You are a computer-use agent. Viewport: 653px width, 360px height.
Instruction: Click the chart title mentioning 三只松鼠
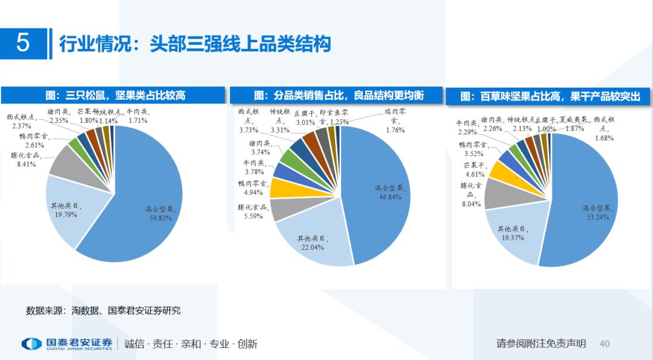click(115, 95)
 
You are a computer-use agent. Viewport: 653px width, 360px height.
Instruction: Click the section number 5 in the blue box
click(22, 44)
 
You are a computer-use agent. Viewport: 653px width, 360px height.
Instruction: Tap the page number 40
click(604, 344)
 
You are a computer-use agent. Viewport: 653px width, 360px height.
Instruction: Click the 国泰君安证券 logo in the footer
click(67, 344)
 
